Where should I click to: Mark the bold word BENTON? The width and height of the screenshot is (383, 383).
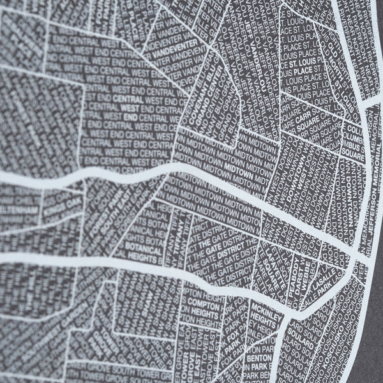262,358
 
